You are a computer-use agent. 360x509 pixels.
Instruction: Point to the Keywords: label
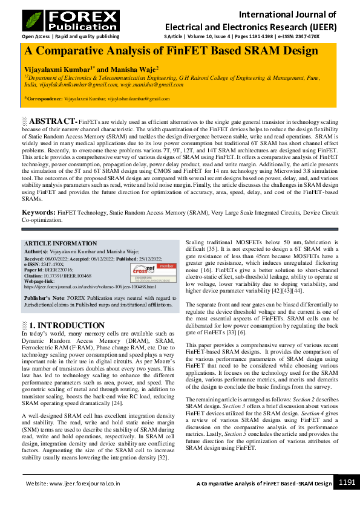coord(39,213)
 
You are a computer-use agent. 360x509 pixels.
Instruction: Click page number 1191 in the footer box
coord(347,482)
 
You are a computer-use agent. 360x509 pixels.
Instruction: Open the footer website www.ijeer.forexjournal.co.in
coord(72,484)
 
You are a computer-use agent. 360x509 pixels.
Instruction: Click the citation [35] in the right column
coord(213,248)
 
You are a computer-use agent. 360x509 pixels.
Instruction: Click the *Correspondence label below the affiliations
coord(45,98)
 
